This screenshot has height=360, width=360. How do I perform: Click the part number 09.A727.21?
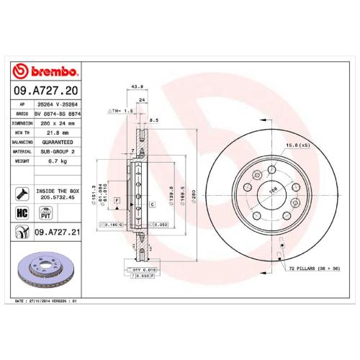click(55, 232)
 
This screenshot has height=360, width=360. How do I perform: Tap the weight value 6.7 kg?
click(48, 163)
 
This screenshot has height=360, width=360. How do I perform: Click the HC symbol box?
click(22, 213)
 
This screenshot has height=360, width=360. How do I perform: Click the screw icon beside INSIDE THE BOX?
click(22, 193)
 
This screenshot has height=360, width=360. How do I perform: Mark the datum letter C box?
click(153, 205)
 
